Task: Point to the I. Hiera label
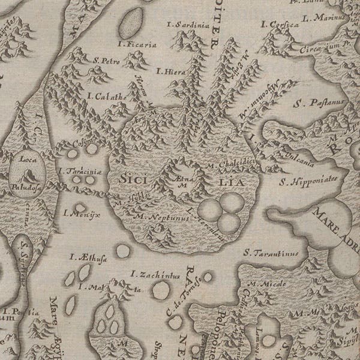169,71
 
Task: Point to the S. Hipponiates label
311,179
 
